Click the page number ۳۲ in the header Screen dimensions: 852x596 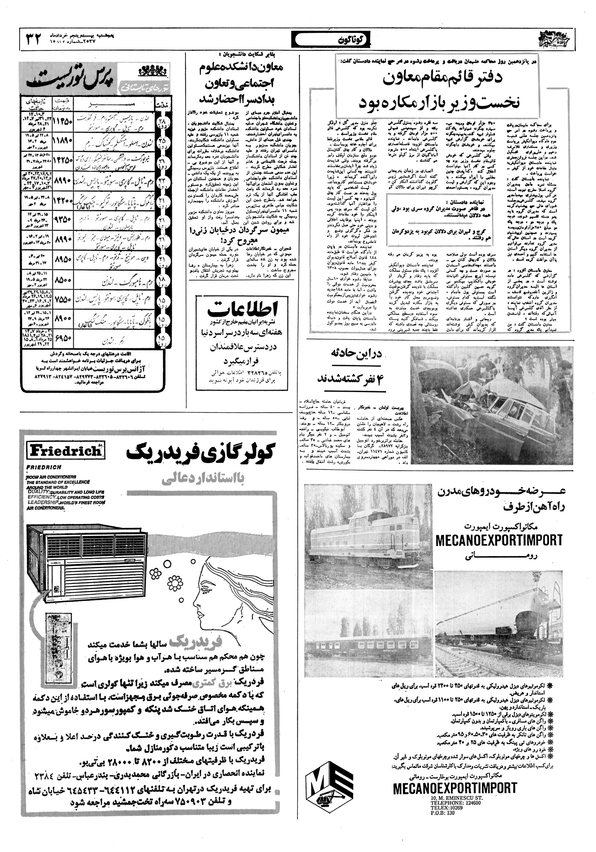coord(33,40)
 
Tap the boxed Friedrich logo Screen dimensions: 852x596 coord(64,450)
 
